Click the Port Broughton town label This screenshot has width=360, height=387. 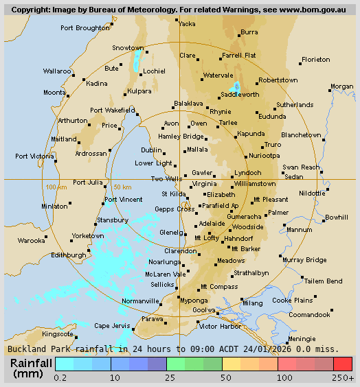pyautogui.click(x=85, y=28)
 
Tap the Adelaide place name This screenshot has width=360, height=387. pyautogui.click(x=211, y=223)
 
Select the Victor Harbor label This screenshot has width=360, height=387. pyautogui.click(x=218, y=326)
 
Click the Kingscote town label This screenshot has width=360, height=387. pyautogui.click(x=58, y=334)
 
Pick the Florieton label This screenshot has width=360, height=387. pyautogui.click(x=316, y=60)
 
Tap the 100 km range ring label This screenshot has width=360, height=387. pyautogui.click(x=56, y=187)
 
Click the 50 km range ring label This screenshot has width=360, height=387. pyautogui.click(x=122, y=187)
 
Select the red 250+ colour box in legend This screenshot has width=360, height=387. pyautogui.click(x=343, y=364)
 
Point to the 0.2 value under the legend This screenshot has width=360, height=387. pyautogui.click(x=60, y=377)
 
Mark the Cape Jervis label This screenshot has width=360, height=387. pyautogui.click(x=111, y=325)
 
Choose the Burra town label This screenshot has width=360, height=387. pyautogui.click(x=249, y=32)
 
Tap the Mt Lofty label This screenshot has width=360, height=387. pyautogui.click(x=207, y=238)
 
